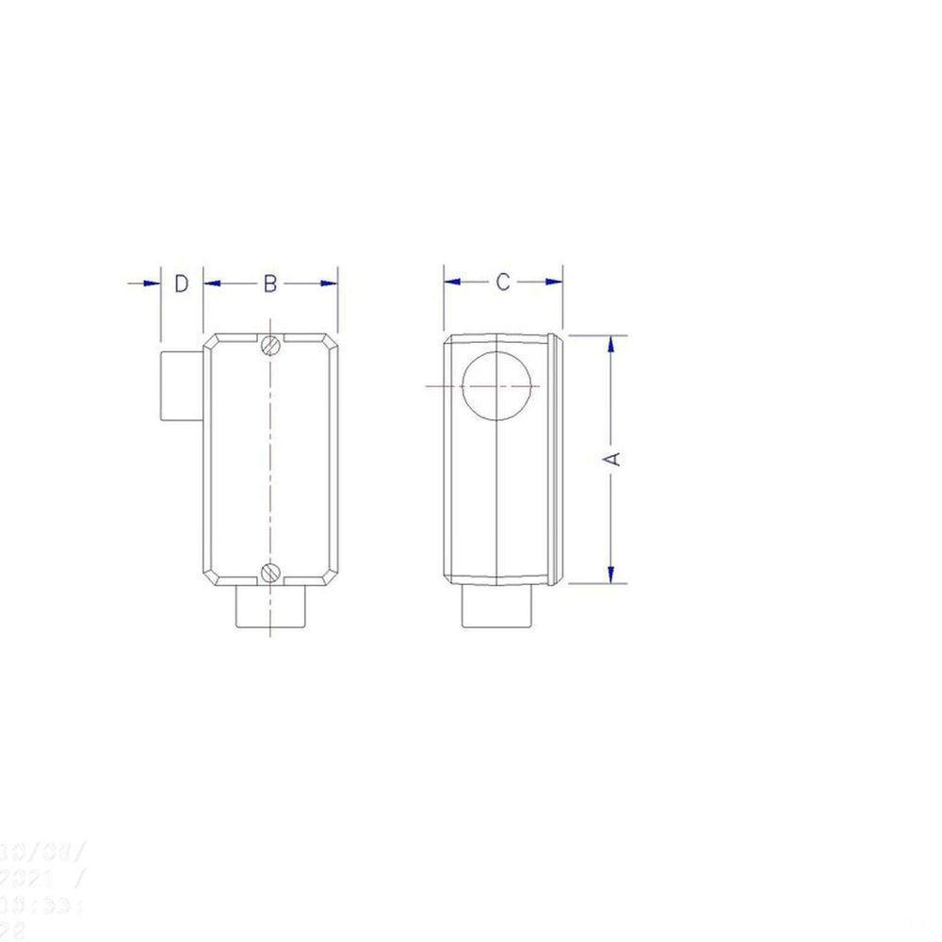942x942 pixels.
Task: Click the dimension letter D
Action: point(182,283)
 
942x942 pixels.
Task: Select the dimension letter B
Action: point(269,283)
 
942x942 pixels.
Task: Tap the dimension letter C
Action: point(503,282)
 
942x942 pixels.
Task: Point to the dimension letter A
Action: point(612,458)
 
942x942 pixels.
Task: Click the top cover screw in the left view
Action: point(271,346)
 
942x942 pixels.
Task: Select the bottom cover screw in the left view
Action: point(271,571)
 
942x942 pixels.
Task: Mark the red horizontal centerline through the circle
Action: point(443,386)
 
